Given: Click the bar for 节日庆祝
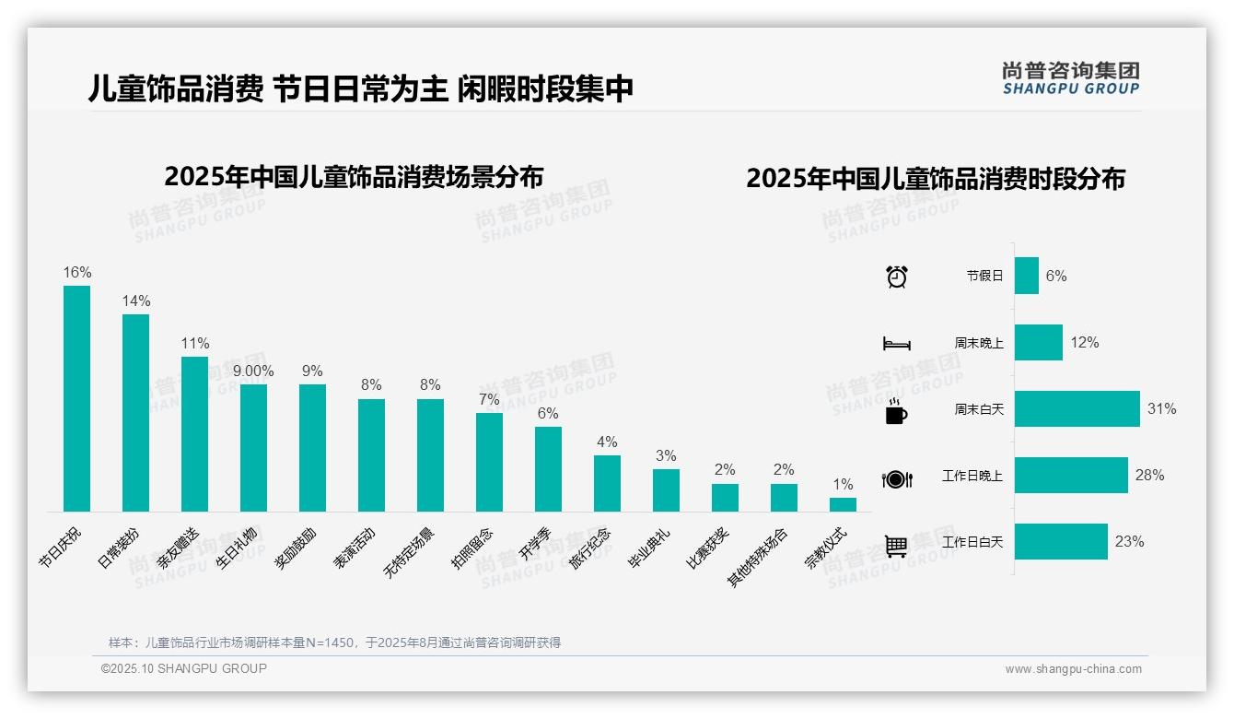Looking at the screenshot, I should (76, 398).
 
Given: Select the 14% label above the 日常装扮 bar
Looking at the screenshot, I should (136, 301).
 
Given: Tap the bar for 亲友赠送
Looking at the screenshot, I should (194, 433).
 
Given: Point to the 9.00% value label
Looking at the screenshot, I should (253, 371).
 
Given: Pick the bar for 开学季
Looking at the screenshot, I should (548, 468).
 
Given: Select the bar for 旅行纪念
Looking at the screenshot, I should (607, 483).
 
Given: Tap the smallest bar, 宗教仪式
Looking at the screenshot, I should (843, 504).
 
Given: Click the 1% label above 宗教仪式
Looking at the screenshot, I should (843, 485).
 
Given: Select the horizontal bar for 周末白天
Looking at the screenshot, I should (1077, 408).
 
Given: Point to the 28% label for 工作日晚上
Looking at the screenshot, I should (1149, 476).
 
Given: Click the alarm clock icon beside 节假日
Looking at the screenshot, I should (896, 277).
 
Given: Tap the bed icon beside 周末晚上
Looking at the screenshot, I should (896, 344).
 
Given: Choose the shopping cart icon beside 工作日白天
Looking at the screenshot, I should (896, 546).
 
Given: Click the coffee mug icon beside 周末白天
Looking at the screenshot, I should (896, 411).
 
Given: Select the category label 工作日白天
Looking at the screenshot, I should (972, 542).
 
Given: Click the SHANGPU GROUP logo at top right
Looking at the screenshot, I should (1070, 78).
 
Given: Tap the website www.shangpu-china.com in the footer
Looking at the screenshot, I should (1073, 669).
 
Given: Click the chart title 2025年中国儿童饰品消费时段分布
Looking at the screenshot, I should (935, 179).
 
